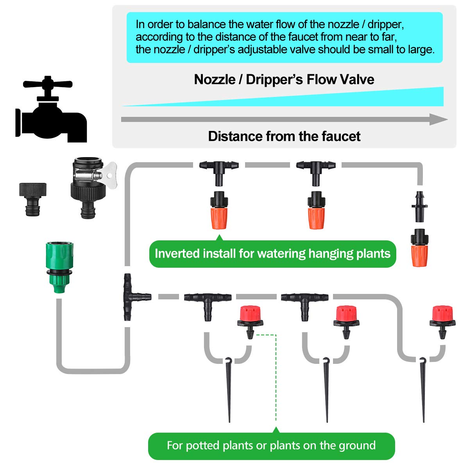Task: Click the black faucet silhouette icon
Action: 51,109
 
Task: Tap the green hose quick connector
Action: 59,267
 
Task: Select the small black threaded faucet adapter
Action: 32,199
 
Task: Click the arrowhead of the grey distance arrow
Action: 439,119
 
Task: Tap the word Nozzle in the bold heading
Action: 215,79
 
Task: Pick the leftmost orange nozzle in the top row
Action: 219,210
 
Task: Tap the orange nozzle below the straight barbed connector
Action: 420,248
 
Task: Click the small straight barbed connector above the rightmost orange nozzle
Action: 420,207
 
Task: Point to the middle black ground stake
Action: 326,390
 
